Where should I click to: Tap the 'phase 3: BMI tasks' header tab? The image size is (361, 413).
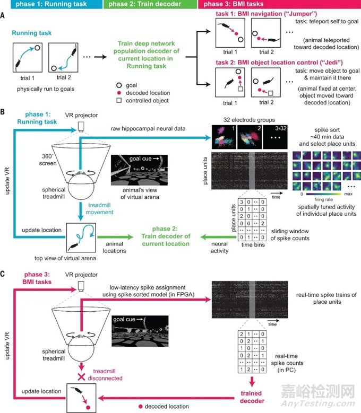223,6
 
